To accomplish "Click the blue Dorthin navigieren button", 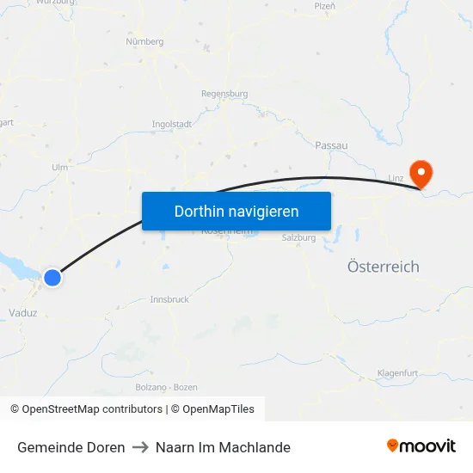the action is coord(236,211).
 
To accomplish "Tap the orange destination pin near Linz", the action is coord(421,173).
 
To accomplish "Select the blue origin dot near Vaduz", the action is coord(52,277).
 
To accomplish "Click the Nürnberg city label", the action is coord(144,41).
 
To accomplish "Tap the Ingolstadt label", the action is coord(171,124).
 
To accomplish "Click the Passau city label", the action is coord(331,145).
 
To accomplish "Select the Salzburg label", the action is coord(298,238).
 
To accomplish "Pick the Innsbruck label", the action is coord(169,299).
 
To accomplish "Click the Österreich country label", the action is coord(383,267).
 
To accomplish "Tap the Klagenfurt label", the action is coord(397,373).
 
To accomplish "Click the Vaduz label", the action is coord(22,313).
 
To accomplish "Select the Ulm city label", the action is coord(59,168).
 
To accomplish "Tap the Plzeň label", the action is coord(324,6).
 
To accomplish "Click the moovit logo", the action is coord(421,446).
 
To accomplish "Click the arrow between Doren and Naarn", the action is coord(140,447).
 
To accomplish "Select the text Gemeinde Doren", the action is coord(71,447).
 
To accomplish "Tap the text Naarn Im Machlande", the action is coord(223,447).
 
